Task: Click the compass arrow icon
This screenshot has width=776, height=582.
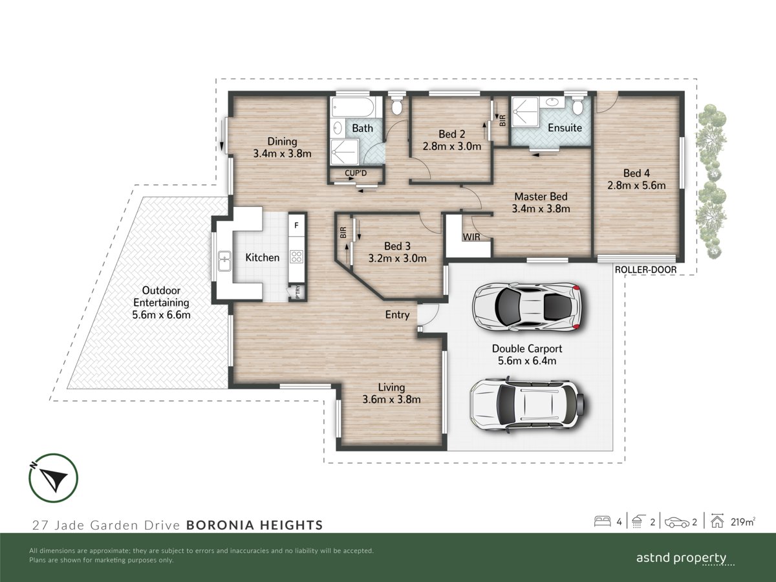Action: pos(53,478)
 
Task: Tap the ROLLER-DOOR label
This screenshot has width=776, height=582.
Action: pos(645,270)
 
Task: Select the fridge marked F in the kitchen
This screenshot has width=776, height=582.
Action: pos(296,225)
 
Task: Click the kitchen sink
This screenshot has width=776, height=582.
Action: pos(224,261)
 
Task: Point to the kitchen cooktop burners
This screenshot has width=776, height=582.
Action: pos(296,257)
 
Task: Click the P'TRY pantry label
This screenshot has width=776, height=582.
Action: pos(297,292)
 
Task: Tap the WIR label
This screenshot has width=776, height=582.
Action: pos(471,237)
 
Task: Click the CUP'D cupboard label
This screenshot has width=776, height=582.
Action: pos(356,173)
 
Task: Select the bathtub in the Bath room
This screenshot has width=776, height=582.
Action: pos(352,107)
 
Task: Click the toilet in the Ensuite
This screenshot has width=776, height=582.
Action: pos(577,105)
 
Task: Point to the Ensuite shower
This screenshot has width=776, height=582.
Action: pos(524,111)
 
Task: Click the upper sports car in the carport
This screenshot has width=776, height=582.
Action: pos(526,306)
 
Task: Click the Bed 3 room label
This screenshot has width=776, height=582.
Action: pos(397,246)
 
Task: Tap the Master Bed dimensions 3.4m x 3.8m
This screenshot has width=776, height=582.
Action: pos(541,208)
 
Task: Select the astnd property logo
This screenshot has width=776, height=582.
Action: pos(681,559)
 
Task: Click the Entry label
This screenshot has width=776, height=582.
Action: pos(397,314)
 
